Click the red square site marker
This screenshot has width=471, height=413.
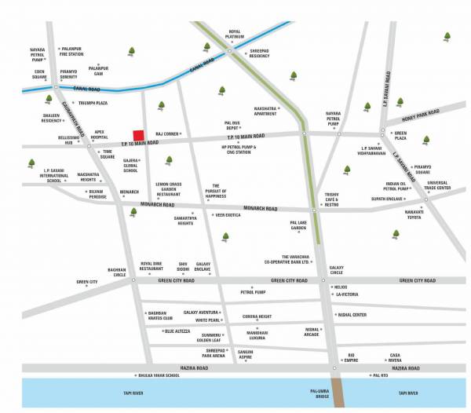pyautogui.click(x=138, y=136)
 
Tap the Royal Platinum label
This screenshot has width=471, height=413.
pyautogui.click(x=234, y=35)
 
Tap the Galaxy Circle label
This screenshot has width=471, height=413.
pyautogui.click(x=336, y=269)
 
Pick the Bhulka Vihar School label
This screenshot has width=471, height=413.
pyautogui.click(x=160, y=375)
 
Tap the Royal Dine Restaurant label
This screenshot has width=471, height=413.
pyautogui.click(x=151, y=266)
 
